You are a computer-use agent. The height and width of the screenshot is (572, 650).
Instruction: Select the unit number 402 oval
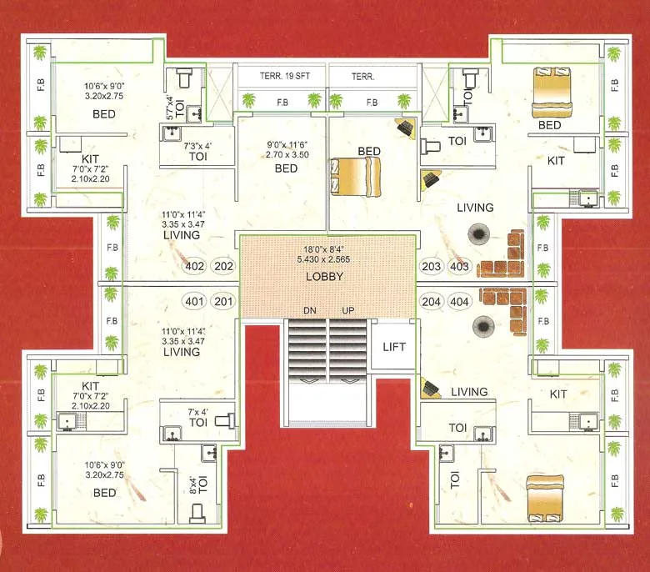coord(194,267)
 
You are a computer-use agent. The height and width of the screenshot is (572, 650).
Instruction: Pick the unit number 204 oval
coord(431,301)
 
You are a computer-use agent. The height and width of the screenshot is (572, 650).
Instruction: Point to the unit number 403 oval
coord(459,267)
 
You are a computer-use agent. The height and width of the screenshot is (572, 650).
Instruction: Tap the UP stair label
coord(348,310)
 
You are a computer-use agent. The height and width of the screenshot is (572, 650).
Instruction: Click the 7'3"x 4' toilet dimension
coord(197,145)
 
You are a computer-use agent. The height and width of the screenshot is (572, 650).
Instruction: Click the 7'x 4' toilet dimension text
coord(198,411)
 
